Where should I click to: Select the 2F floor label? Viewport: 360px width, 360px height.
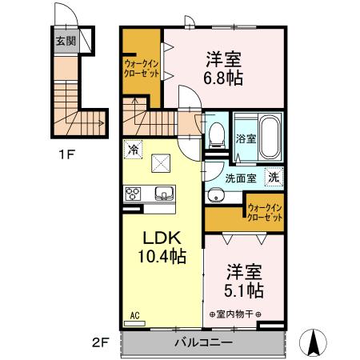point(99,343)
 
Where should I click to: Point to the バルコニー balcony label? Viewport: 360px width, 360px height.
point(203,342)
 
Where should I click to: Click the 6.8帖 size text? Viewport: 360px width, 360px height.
point(224,78)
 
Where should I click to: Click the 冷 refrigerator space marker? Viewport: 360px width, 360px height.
point(133,148)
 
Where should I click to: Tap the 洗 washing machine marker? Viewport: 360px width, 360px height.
point(273,177)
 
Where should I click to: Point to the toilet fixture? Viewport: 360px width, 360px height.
point(214,139)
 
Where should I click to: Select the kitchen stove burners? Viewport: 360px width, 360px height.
point(133,193)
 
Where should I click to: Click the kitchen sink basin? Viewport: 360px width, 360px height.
point(164,193)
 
